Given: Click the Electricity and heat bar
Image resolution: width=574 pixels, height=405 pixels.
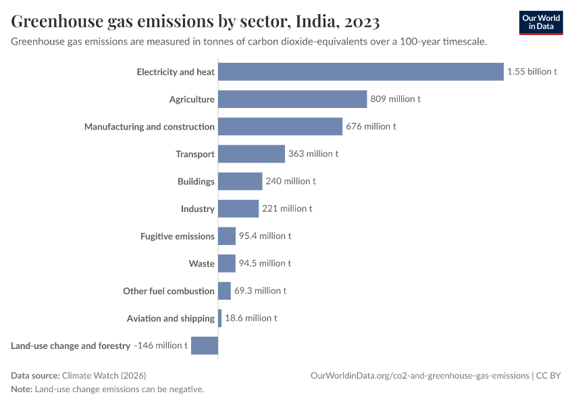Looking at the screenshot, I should point(361,72).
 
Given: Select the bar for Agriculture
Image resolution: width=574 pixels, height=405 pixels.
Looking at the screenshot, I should point(292,99).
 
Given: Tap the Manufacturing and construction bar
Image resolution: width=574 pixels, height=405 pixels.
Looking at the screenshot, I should point(280,126).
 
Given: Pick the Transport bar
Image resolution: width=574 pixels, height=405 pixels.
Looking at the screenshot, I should point(251,154).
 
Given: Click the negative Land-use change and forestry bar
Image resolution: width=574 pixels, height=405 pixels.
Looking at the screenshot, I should point(205,346).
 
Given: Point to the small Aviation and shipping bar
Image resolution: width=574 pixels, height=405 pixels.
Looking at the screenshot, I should point(219,318).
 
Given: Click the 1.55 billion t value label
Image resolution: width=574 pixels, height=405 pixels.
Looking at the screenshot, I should point(532,72).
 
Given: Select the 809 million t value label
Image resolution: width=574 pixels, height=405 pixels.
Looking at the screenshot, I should point(396,99).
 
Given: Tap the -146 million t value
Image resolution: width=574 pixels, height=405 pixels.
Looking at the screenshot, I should point(161,346).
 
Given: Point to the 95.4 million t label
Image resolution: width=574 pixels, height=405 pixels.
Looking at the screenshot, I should point(265,236).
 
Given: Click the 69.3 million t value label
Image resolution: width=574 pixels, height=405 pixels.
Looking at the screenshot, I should point(260,291).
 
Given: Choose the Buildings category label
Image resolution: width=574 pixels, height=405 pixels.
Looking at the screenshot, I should point(196,182).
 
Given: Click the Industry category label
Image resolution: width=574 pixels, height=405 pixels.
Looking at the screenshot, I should point(197,209).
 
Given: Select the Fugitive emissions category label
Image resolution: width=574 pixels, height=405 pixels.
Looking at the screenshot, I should point(177,236).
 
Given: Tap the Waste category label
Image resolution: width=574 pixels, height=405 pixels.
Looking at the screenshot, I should point(201,263).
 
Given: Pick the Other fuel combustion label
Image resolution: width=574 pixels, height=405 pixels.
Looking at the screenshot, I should point(168,291).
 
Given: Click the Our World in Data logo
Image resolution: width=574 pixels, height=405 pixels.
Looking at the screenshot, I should point(541,22).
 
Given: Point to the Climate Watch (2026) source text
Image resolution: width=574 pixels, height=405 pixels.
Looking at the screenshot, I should point(103,375).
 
